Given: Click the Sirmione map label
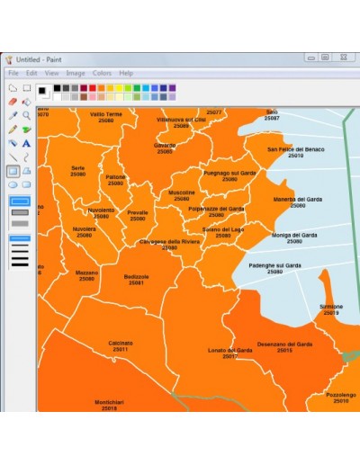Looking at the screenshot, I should (330, 306).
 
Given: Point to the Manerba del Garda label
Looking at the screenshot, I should (296, 199).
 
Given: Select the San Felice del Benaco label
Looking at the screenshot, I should (295, 149).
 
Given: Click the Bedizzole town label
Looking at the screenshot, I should (137, 276).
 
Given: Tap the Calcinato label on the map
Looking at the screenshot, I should (121, 343).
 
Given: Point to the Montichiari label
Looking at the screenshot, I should (110, 401).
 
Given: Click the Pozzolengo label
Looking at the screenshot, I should (340, 394).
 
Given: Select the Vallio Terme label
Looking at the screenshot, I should (106, 114).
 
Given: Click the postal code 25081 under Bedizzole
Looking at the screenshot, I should (137, 283).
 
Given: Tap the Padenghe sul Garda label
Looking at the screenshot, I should (274, 265).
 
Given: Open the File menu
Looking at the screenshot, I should (13, 73).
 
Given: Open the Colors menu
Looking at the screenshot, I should (102, 73).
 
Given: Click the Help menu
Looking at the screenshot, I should (126, 73).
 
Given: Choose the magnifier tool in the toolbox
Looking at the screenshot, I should (27, 115).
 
